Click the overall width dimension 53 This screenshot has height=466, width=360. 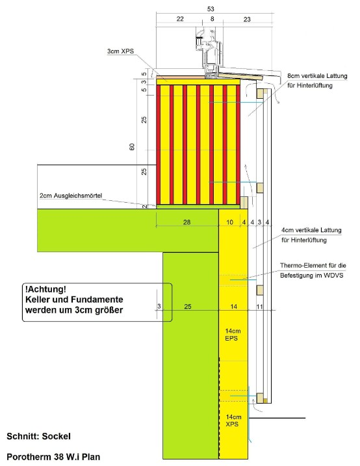click(211, 9)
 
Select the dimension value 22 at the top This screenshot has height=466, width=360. click(180, 19)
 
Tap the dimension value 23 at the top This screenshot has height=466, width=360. click(247, 19)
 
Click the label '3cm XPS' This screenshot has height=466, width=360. click(121, 51)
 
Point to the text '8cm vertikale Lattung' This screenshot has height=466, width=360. click(317, 76)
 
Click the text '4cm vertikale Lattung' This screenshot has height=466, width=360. click(311, 230)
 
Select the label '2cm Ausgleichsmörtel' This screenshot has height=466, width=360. click(71, 196)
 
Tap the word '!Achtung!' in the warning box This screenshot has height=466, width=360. click(45, 289)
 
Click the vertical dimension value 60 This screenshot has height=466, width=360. click(132, 147)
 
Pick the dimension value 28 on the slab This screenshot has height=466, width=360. click(187, 222)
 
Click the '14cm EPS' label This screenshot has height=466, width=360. click(233, 335)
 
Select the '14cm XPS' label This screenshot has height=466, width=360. click(233, 421)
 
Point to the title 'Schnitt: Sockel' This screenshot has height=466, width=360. click(38, 436)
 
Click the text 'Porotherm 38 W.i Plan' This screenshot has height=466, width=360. click(53, 457)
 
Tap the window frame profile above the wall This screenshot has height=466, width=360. click(210, 53)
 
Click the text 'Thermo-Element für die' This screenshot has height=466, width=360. click(313, 265)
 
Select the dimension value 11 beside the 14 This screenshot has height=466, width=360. click(260, 306)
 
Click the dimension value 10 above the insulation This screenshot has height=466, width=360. click(229, 222)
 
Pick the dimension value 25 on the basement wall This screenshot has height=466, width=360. click(188, 306)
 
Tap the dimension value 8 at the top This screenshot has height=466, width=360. click(212, 19)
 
